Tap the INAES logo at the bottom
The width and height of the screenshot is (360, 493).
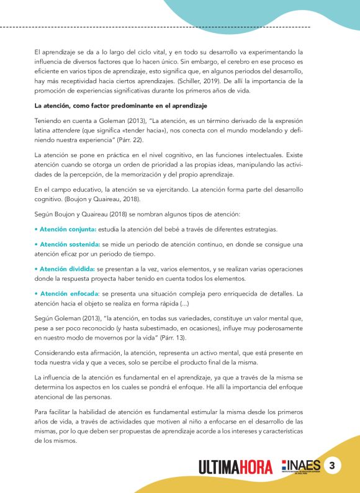pos(303,466)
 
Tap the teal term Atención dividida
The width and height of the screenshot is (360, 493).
pos(63,268)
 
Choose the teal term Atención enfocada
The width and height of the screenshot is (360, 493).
pos(65,293)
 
